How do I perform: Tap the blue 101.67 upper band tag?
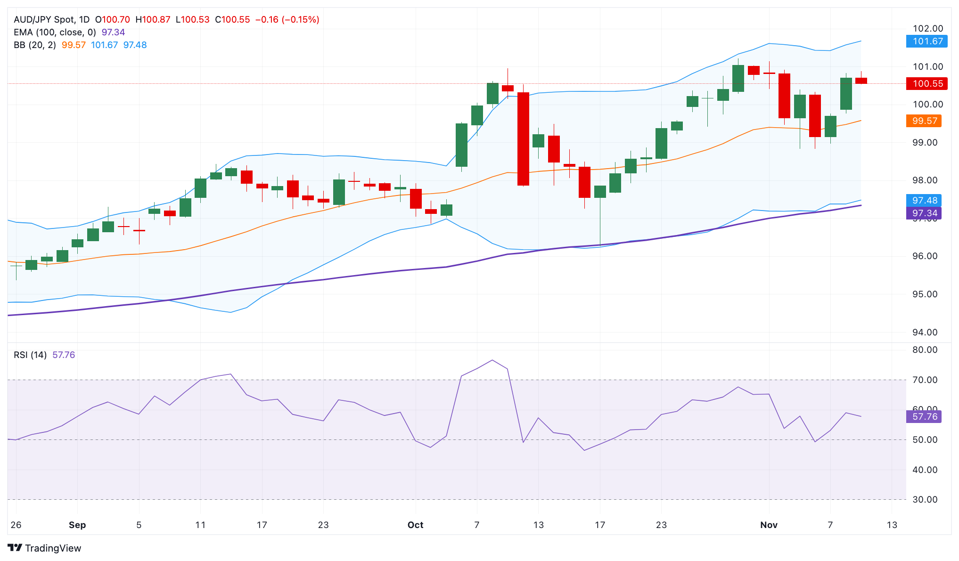point(926,41)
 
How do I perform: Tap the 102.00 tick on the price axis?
point(927,29)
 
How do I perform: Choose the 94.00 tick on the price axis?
point(925,333)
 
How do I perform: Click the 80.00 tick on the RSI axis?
point(925,350)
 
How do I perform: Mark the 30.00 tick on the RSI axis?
point(925,500)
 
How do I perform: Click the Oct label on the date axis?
point(415,525)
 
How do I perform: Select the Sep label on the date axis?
point(77,525)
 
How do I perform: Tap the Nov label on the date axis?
point(769,525)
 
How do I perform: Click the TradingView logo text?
point(53,548)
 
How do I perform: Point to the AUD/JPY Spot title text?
point(44,20)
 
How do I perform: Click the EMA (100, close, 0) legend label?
point(55,33)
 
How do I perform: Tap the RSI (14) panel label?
point(30,355)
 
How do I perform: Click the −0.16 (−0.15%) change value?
point(287,20)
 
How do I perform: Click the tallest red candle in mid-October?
point(523,139)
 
